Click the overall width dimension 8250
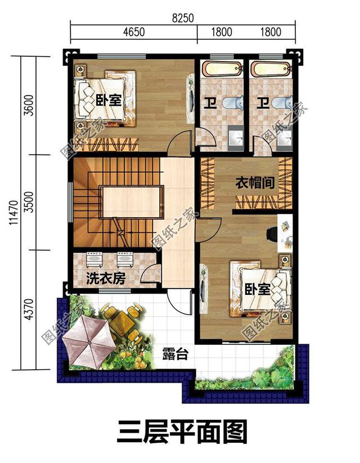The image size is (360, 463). pos(183,18)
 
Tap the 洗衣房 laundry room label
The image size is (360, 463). pos(105,278)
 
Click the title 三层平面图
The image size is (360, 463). pos(183,432)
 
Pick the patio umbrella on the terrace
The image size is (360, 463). pos(85,341)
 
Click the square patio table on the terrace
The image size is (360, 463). pos(118,321)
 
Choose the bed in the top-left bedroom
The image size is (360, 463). pos(104,97)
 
